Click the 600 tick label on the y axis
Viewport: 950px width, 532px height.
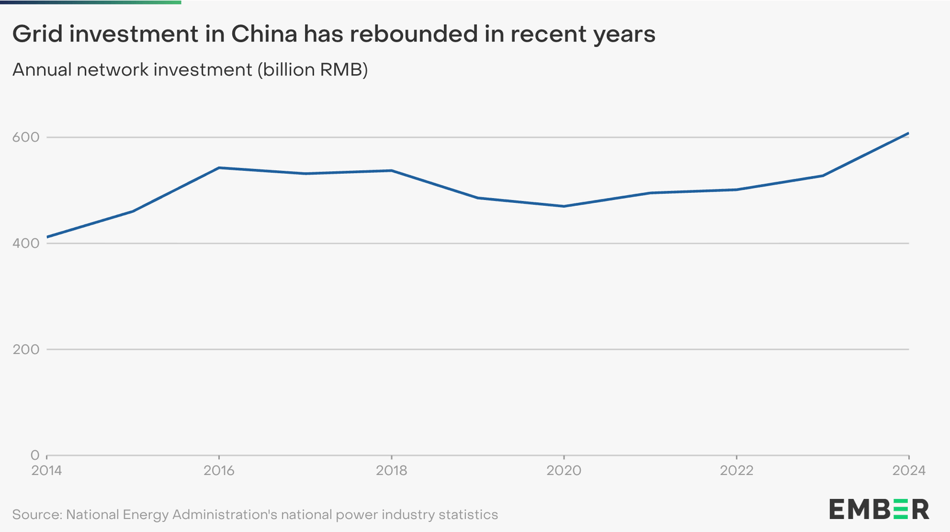(x=26, y=138)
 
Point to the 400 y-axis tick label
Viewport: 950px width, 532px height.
(x=26, y=243)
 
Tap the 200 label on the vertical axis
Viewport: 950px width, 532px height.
(x=26, y=349)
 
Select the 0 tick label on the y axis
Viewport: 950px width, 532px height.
(x=35, y=455)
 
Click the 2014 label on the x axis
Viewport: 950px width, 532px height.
(x=47, y=471)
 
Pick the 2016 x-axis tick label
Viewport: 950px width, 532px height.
(x=219, y=471)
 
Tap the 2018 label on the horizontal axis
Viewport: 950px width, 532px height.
(x=392, y=471)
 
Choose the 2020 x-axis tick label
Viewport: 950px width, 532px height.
(x=564, y=471)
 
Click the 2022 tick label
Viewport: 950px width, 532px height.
(x=736, y=471)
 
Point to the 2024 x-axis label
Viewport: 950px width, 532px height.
(x=908, y=471)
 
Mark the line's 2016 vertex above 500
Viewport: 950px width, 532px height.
(x=219, y=168)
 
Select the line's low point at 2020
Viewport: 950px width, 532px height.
(x=564, y=206)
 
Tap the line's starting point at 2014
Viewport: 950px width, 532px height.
(x=47, y=237)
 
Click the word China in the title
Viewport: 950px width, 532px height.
(x=264, y=34)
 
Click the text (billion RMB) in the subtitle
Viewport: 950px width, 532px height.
(x=312, y=70)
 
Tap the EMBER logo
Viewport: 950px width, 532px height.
(x=879, y=509)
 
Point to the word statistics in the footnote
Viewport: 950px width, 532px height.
(x=468, y=515)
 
